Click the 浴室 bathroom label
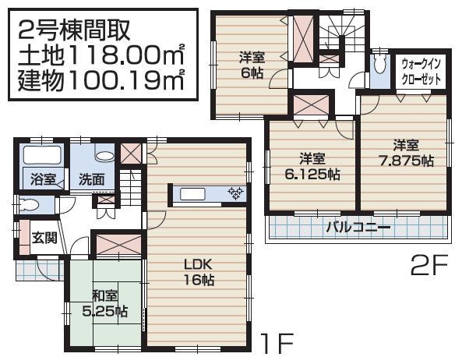pos(43,178)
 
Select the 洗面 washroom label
pos(91,178)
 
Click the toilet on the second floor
pos(379,64)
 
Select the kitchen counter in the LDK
pos(206,193)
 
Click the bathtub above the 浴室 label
pos(41,154)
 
